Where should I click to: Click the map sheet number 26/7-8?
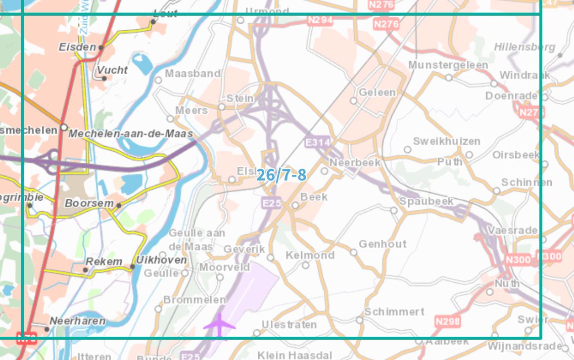coord(281,175)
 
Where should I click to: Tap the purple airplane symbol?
coord(219,325)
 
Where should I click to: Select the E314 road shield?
coord(318,143)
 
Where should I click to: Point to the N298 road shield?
coord(447,321)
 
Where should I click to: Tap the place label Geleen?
coord(377,93)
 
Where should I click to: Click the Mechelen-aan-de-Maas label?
coord(130,134)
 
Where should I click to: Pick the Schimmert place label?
coord(394,311)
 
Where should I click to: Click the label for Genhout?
coord(382,244)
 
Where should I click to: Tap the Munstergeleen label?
coord(448,65)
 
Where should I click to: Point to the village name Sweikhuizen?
coord(447,141)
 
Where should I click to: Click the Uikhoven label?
coord(161,260)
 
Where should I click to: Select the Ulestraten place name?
coord(289,325)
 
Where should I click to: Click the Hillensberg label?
coord(524,47)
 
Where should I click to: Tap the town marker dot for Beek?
coord(295,205)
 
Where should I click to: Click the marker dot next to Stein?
coord(221,107)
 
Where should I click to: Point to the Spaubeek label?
coord(426,201)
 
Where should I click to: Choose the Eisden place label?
coord(77,47)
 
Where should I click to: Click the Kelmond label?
coord(310,255)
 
